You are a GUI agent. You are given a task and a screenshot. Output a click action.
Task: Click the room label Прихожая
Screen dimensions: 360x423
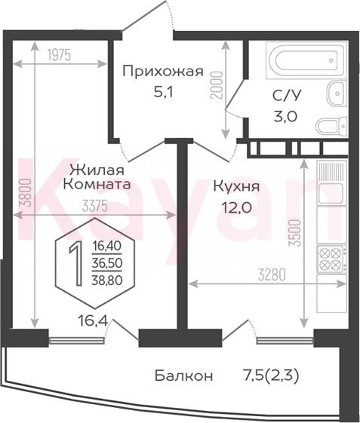click(162, 72)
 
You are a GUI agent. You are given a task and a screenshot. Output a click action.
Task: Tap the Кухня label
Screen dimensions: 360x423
click(236, 186)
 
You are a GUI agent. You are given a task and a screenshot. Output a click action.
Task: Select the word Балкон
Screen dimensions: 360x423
click(184, 375)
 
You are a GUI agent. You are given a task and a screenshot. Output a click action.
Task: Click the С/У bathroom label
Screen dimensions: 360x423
click(286, 96)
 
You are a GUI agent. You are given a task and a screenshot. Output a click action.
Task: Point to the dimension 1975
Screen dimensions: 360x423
click(59, 55)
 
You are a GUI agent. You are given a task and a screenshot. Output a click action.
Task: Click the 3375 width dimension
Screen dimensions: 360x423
click(95, 207)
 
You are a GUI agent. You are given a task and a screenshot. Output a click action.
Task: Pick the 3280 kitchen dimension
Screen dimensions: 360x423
click(272, 275)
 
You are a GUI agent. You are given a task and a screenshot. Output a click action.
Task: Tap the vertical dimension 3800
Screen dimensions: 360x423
click(27, 193)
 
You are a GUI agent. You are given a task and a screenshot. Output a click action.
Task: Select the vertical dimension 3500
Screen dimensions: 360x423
click(294, 233)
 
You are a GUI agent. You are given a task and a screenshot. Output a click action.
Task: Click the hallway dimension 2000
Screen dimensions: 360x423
click(217, 85)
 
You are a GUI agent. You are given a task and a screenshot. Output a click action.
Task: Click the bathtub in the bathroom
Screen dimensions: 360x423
click(306, 60)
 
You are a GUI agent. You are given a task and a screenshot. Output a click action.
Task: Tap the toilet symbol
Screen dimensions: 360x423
click(331, 126)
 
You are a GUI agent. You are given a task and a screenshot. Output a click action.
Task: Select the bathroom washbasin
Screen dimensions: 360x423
click(337, 93)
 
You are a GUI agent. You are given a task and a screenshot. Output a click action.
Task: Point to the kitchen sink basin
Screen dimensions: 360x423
click(330, 193)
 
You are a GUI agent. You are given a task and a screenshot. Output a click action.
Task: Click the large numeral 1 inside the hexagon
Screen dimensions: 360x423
click(76, 264)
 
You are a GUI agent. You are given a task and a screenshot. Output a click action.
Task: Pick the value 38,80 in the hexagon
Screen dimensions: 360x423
click(107, 280)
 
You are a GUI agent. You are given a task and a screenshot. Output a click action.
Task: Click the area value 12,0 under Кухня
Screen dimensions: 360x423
click(236, 207)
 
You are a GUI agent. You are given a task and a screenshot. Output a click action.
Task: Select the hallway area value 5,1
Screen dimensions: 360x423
click(162, 93)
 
